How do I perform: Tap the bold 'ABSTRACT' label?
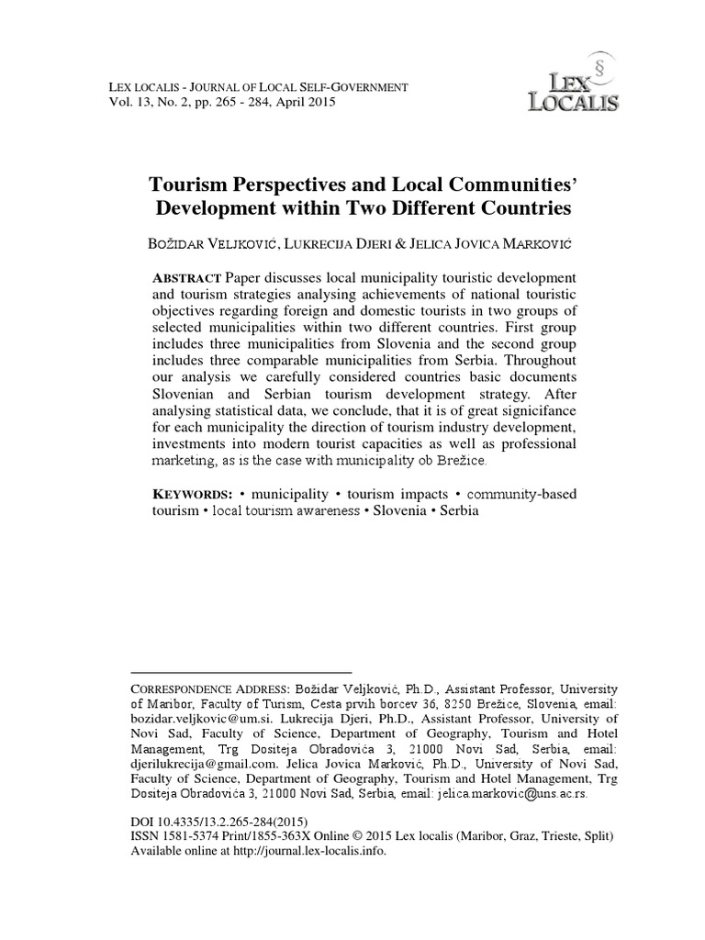coord(186,278)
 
